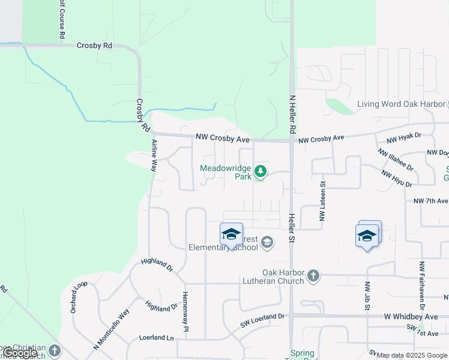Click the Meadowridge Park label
point(226,173)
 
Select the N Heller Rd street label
point(292,114)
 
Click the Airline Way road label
point(154,156)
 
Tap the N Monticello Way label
point(111,329)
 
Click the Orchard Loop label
point(75,296)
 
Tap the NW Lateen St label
point(322,201)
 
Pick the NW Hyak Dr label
point(405,139)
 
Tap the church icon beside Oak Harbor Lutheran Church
point(313,275)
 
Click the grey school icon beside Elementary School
point(267,242)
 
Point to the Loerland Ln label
point(156,338)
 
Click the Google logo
point(20,353)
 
